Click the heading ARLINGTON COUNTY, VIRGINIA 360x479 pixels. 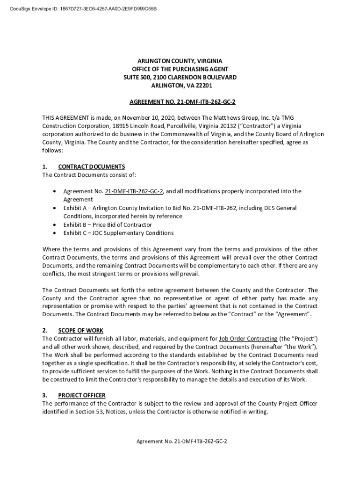pos(180,61)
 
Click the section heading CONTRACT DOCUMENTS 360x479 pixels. pos(91,167)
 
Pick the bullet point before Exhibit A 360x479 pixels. pos(55,208)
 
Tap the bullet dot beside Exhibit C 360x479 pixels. pos(55,233)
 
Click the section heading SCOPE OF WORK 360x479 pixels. pos(81,330)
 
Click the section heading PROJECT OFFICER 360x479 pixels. pos(82,395)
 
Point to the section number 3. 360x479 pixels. pos(45,395)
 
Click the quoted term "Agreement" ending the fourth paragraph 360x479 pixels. pos(292,314)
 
